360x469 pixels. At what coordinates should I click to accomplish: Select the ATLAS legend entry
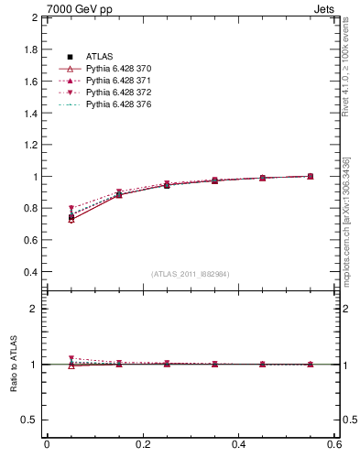(99, 58)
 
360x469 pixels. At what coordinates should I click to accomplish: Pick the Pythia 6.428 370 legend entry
(118, 70)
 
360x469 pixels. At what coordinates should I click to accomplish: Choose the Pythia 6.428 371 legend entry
(118, 82)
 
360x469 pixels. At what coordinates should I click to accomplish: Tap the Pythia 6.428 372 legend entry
(118, 93)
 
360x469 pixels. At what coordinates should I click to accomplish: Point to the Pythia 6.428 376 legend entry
(118, 105)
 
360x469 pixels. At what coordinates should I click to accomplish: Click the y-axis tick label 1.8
(29, 49)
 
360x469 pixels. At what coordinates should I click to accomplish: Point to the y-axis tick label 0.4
(29, 272)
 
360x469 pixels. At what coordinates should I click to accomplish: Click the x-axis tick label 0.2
(142, 444)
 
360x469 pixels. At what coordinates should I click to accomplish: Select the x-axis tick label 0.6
(334, 444)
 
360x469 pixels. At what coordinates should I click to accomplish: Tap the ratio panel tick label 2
(34, 309)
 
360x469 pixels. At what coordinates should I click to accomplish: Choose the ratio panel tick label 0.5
(29, 420)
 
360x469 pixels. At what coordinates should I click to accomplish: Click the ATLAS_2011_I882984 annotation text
(191, 274)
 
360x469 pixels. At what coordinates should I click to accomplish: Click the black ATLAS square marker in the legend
(70, 58)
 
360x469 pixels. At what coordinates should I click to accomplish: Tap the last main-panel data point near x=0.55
(311, 176)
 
